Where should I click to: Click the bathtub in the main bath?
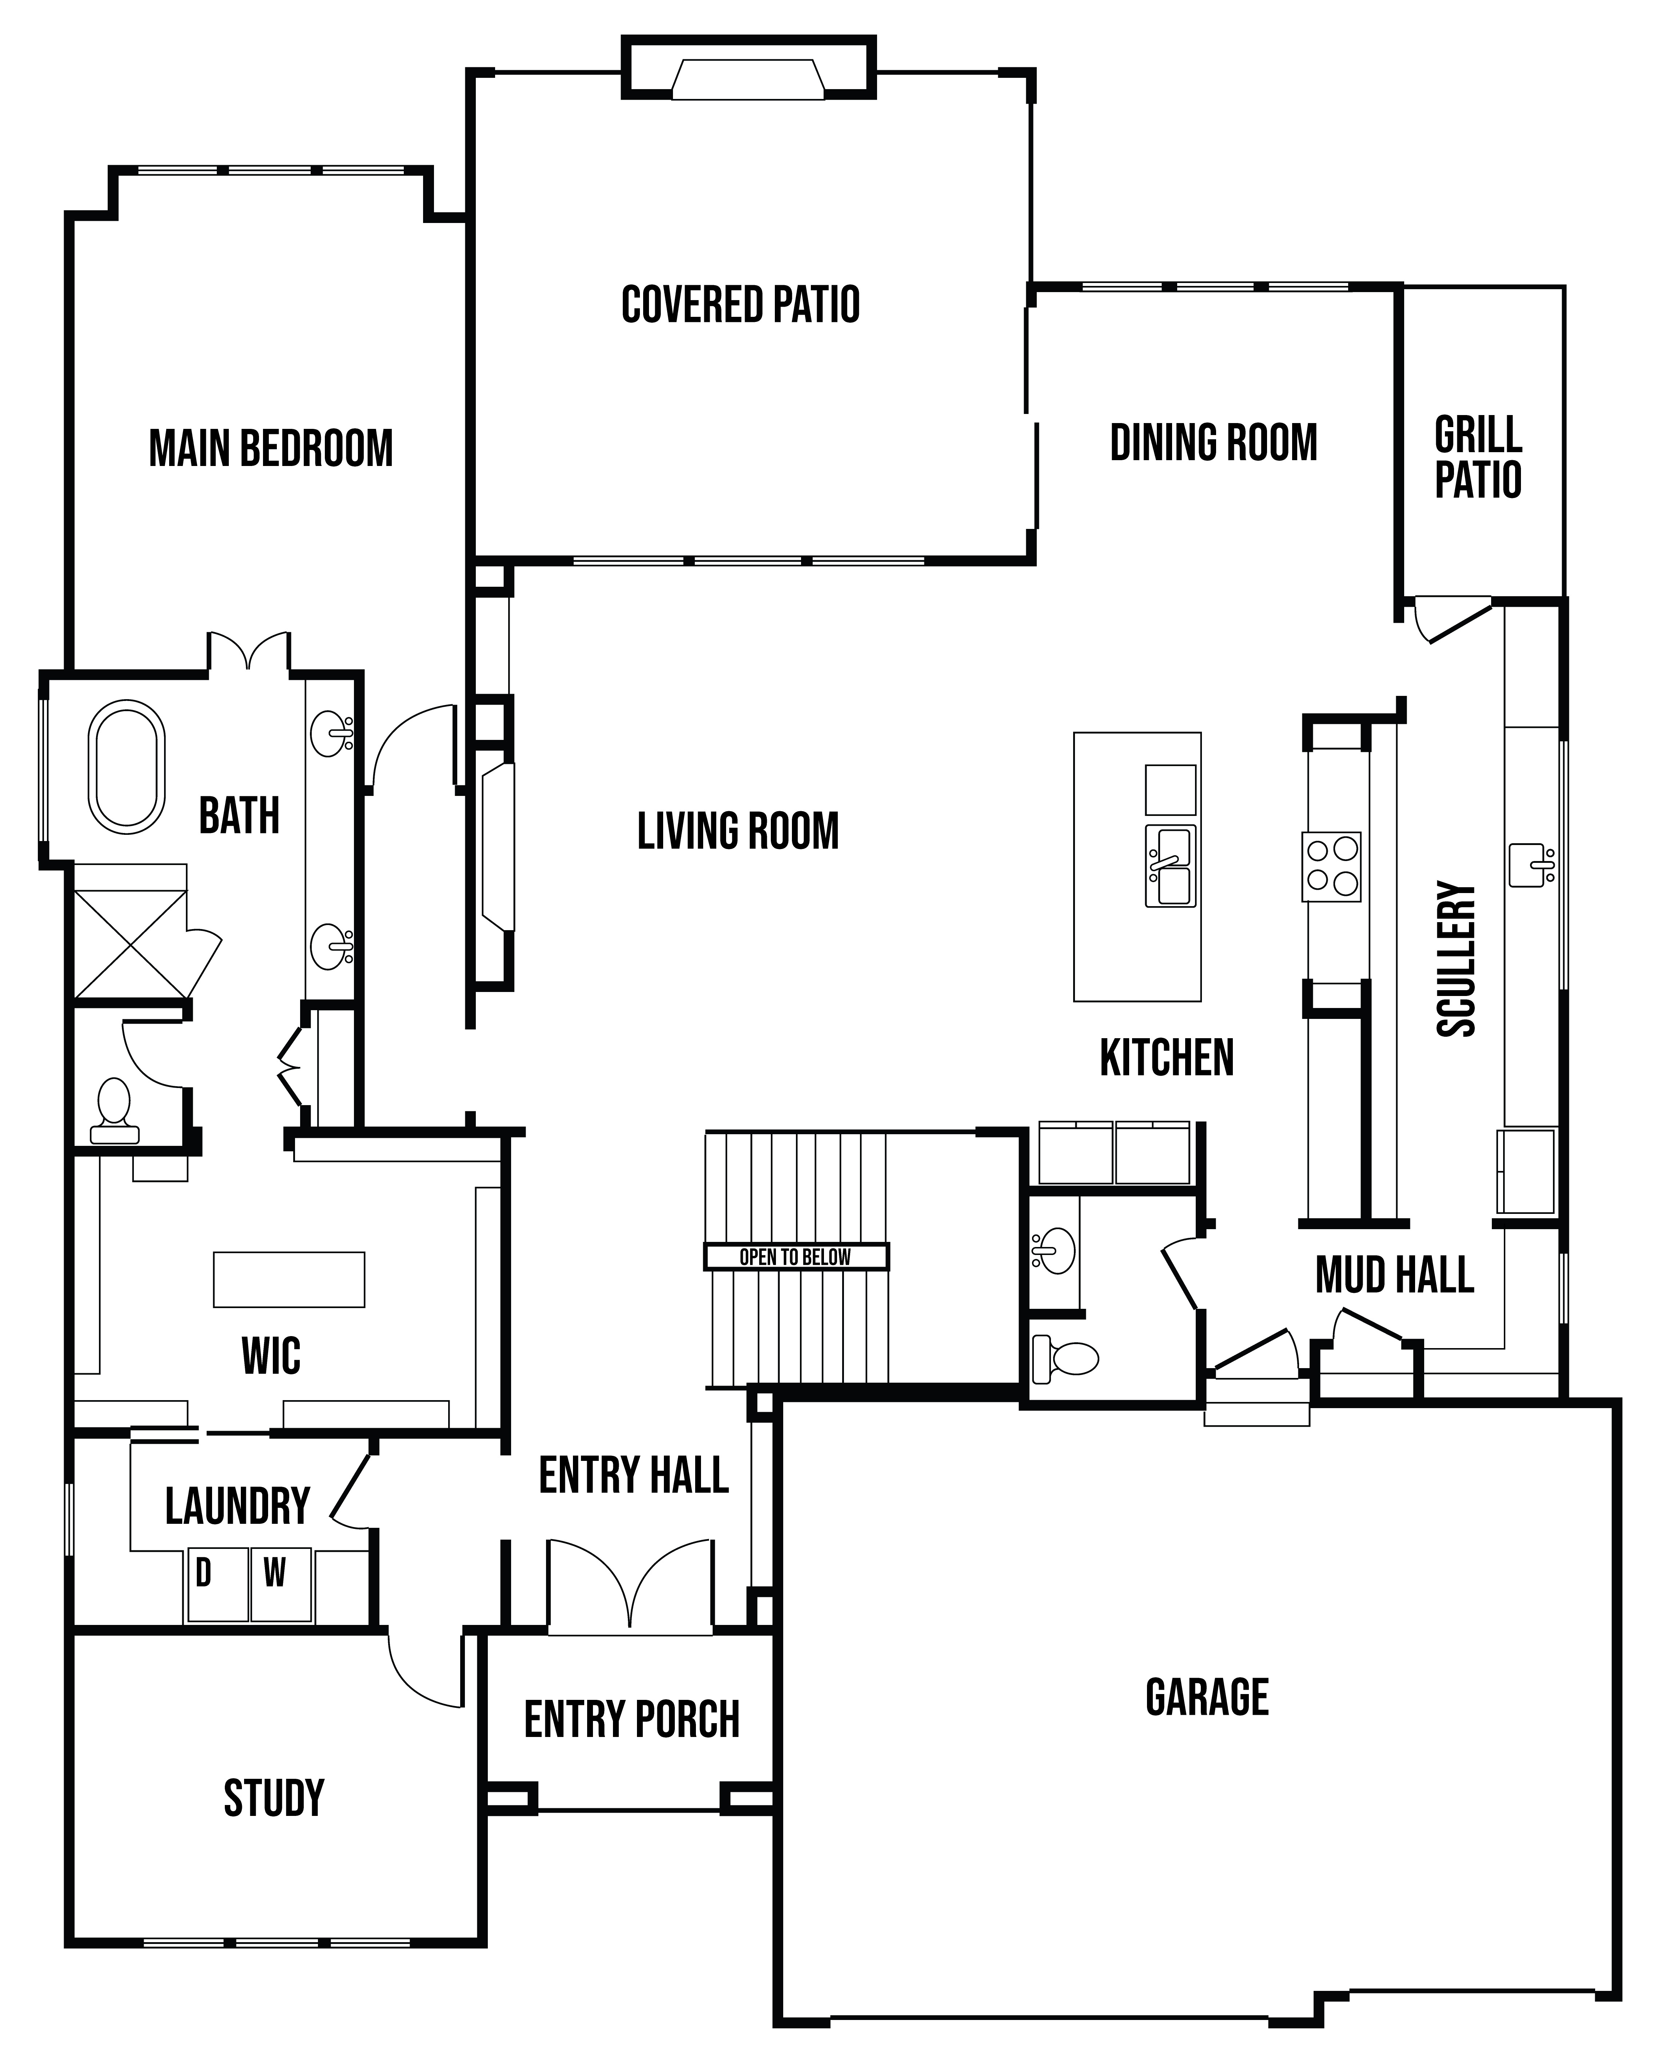pos(127,767)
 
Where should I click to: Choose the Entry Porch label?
pos(632,1720)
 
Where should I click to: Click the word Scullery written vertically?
pos(1457,958)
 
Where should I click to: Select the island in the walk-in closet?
pos(289,1280)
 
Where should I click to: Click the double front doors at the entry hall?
pos(631,1586)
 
